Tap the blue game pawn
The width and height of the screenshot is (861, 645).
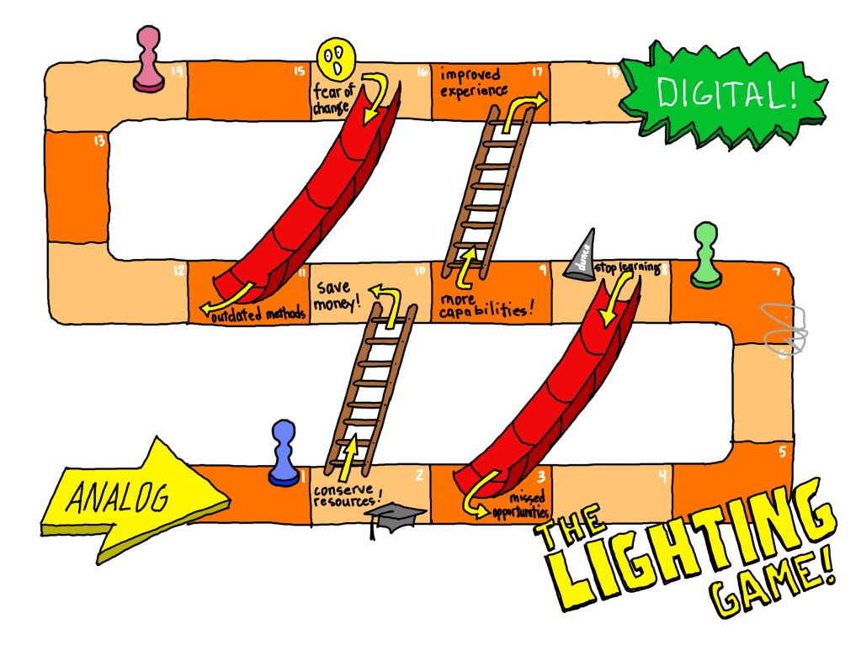click(283, 453)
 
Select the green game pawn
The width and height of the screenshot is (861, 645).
click(704, 255)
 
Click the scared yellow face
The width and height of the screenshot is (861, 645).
click(336, 58)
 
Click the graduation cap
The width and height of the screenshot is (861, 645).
click(388, 519)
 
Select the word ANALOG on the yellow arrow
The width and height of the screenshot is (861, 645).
click(118, 498)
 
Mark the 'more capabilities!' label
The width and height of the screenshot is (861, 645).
click(486, 305)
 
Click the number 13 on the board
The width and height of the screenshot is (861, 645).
click(99, 140)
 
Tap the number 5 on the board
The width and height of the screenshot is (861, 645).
click(783, 452)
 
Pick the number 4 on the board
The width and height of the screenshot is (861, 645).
click(663, 476)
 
